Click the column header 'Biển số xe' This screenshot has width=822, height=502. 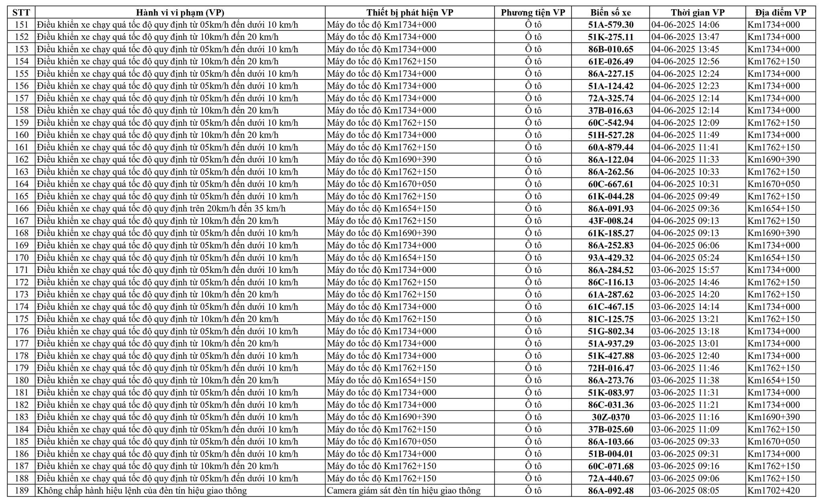pyautogui.click(x=610, y=12)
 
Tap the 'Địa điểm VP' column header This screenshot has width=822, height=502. pyautogui.click(x=780, y=12)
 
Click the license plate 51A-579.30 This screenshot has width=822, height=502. pyautogui.click(x=610, y=25)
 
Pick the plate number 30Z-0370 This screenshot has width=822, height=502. pyautogui.click(x=610, y=417)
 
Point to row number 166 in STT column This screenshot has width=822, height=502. pyautogui.click(x=22, y=209)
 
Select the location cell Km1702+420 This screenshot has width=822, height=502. pyautogui.click(x=773, y=490)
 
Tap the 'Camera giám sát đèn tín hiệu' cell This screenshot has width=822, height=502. pyautogui.click(x=403, y=490)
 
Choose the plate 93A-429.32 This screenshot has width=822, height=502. pyautogui.click(x=610, y=258)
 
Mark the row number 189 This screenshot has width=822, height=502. pyautogui.click(x=22, y=490)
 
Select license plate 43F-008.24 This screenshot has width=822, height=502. pyautogui.click(x=610, y=221)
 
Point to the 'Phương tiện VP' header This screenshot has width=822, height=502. pyautogui.click(x=533, y=12)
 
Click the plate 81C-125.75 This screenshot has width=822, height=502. pyautogui.click(x=610, y=319)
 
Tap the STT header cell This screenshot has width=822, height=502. pyautogui.click(x=22, y=12)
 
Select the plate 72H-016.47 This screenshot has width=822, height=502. pyautogui.click(x=610, y=368)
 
